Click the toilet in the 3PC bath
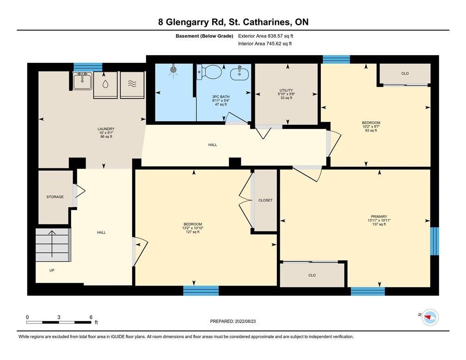click(x=210, y=72)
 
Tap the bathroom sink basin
click(x=239, y=73)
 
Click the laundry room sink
click(x=83, y=81)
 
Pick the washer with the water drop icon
click(x=105, y=85)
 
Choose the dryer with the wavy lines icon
click(x=132, y=85)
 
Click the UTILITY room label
click(x=286, y=90)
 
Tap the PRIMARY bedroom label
click(x=379, y=217)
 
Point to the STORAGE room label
click(x=55, y=197)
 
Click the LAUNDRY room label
click(x=106, y=129)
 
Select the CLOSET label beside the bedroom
click(x=265, y=200)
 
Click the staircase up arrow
click(x=52, y=244)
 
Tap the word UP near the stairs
click(x=52, y=270)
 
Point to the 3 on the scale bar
click(x=59, y=317)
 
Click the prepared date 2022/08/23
click(x=245, y=321)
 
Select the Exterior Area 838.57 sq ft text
click(x=266, y=36)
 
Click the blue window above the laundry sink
click(x=88, y=67)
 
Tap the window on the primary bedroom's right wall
click(x=435, y=241)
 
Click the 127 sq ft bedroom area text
click(x=193, y=232)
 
